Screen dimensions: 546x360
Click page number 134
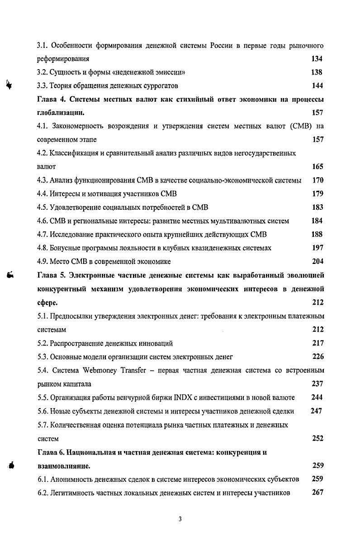317,58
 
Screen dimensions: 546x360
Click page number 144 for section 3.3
317,85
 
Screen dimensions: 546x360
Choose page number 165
317,167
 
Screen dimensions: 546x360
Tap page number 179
317,194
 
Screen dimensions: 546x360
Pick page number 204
317,261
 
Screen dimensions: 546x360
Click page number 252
317,438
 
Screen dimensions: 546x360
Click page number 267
317,492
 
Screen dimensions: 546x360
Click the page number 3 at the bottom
180,519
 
